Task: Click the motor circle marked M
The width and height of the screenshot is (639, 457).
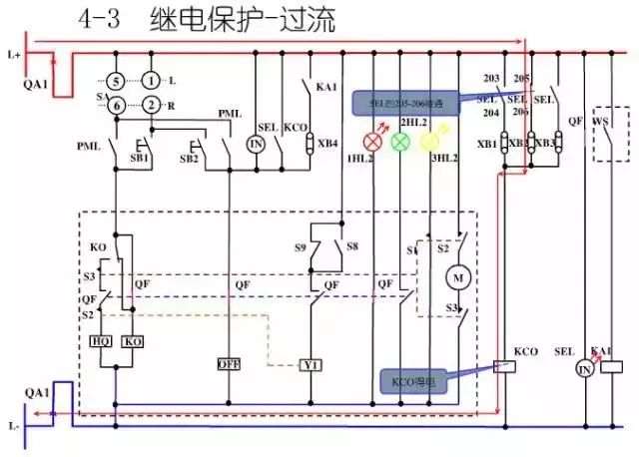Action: tap(459, 275)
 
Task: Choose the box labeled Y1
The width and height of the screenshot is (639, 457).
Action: tap(312, 364)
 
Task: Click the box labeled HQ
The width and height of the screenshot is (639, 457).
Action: tap(101, 340)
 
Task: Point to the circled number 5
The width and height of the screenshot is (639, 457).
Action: tap(115, 80)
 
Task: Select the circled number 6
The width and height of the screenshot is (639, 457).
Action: tap(115, 106)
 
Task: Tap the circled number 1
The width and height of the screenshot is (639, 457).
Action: tap(150, 80)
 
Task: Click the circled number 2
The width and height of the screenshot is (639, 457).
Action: tap(150, 106)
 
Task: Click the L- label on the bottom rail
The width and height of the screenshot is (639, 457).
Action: tap(13, 426)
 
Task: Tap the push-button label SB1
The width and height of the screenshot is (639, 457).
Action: tap(141, 158)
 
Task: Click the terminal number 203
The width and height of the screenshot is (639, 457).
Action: tap(491, 78)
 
